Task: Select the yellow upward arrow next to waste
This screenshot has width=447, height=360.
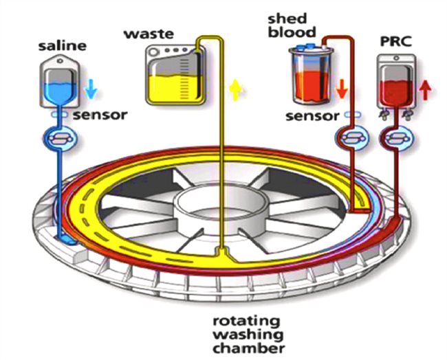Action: tap(236, 89)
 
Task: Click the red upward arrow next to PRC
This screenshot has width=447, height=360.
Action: tap(424, 89)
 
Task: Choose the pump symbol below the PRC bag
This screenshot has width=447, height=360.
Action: tap(395, 137)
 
